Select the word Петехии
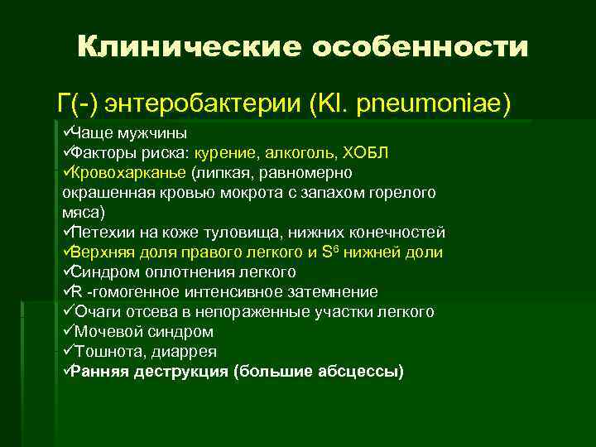(101, 233)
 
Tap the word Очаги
(96, 312)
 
